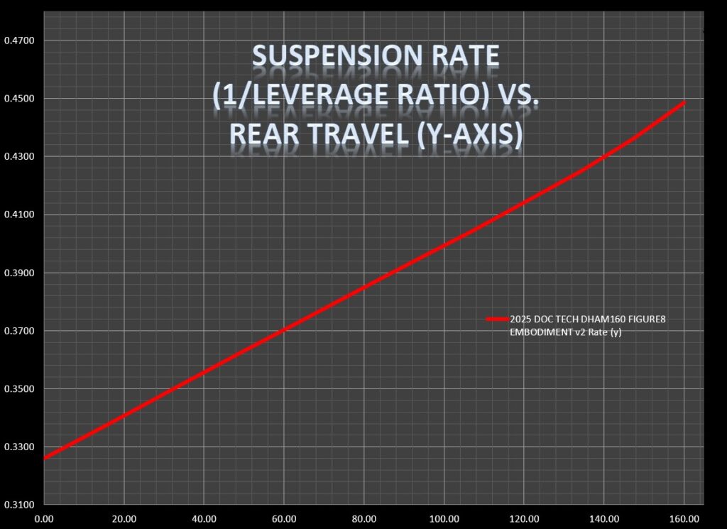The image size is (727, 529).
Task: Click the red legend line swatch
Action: click(x=497, y=320)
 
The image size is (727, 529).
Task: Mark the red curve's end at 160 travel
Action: click(x=684, y=103)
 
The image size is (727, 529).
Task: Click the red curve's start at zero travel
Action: click(x=45, y=458)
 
